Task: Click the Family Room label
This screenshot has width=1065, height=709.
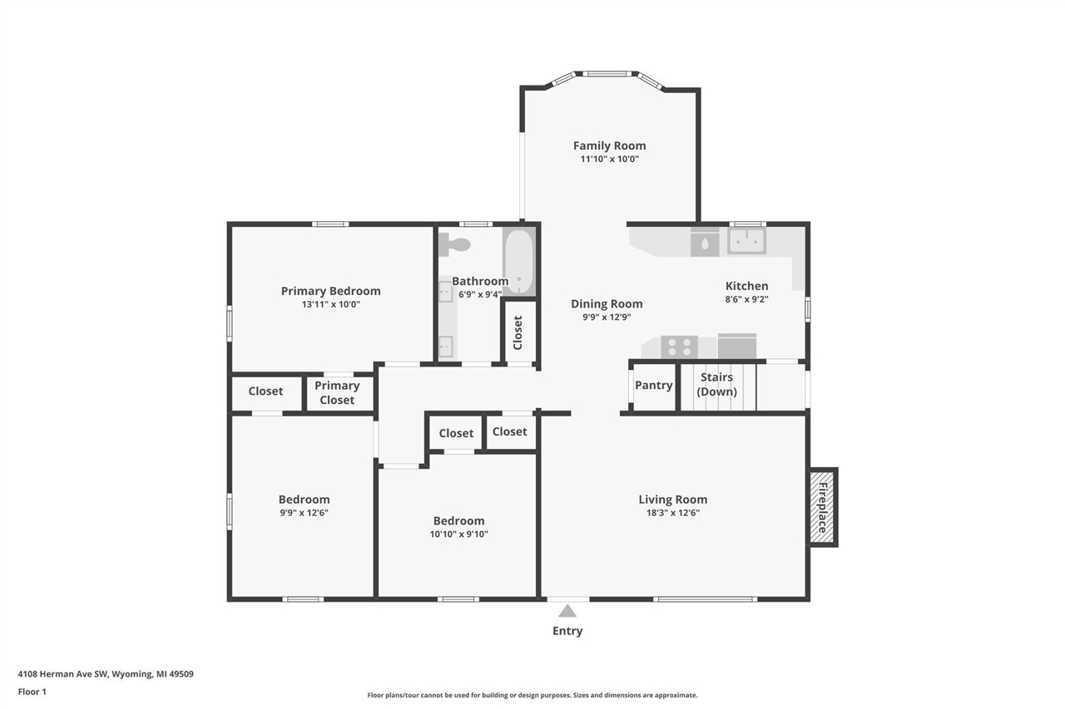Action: pyautogui.click(x=609, y=145)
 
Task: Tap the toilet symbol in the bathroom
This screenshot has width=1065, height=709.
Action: pyautogui.click(x=455, y=244)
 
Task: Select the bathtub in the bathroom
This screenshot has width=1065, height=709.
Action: pyautogui.click(x=518, y=260)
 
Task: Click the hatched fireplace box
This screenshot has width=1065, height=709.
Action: pyautogui.click(x=823, y=507)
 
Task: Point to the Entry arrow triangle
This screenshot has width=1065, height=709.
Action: pyautogui.click(x=567, y=611)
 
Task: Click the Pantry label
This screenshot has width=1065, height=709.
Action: pyautogui.click(x=653, y=385)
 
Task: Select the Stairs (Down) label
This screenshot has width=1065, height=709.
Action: pyautogui.click(x=716, y=384)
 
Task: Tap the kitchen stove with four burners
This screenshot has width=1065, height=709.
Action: pyautogui.click(x=679, y=347)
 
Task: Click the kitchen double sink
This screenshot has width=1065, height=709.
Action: pyautogui.click(x=746, y=241)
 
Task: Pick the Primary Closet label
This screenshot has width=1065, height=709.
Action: pyautogui.click(x=337, y=392)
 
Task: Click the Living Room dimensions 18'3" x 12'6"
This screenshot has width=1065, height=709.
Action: pyautogui.click(x=672, y=513)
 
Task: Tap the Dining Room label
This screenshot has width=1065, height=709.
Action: pyautogui.click(x=607, y=303)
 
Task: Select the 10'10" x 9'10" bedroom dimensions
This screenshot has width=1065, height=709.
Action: pyautogui.click(x=458, y=534)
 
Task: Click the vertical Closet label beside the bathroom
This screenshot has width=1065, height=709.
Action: pyautogui.click(x=518, y=332)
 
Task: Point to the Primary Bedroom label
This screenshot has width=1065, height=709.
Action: pyautogui.click(x=330, y=291)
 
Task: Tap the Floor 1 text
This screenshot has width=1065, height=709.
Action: pyautogui.click(x=32, y=692)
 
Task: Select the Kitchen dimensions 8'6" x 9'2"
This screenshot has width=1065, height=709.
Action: pyautogui.click(x=746, y=299)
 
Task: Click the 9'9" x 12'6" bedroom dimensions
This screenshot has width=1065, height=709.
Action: pyautogui.click(x=304, y=513)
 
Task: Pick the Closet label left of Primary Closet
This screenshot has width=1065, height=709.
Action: pyautogui.click(x=265, y=391)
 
